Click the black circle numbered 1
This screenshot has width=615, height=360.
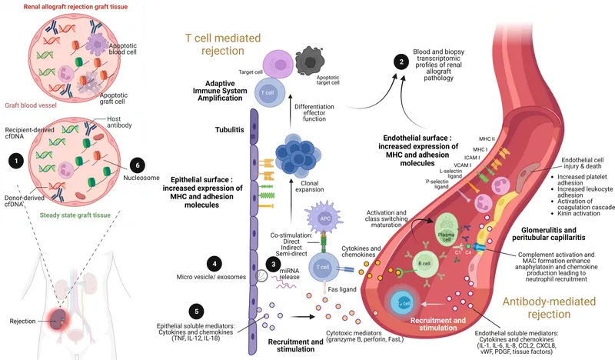13,161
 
